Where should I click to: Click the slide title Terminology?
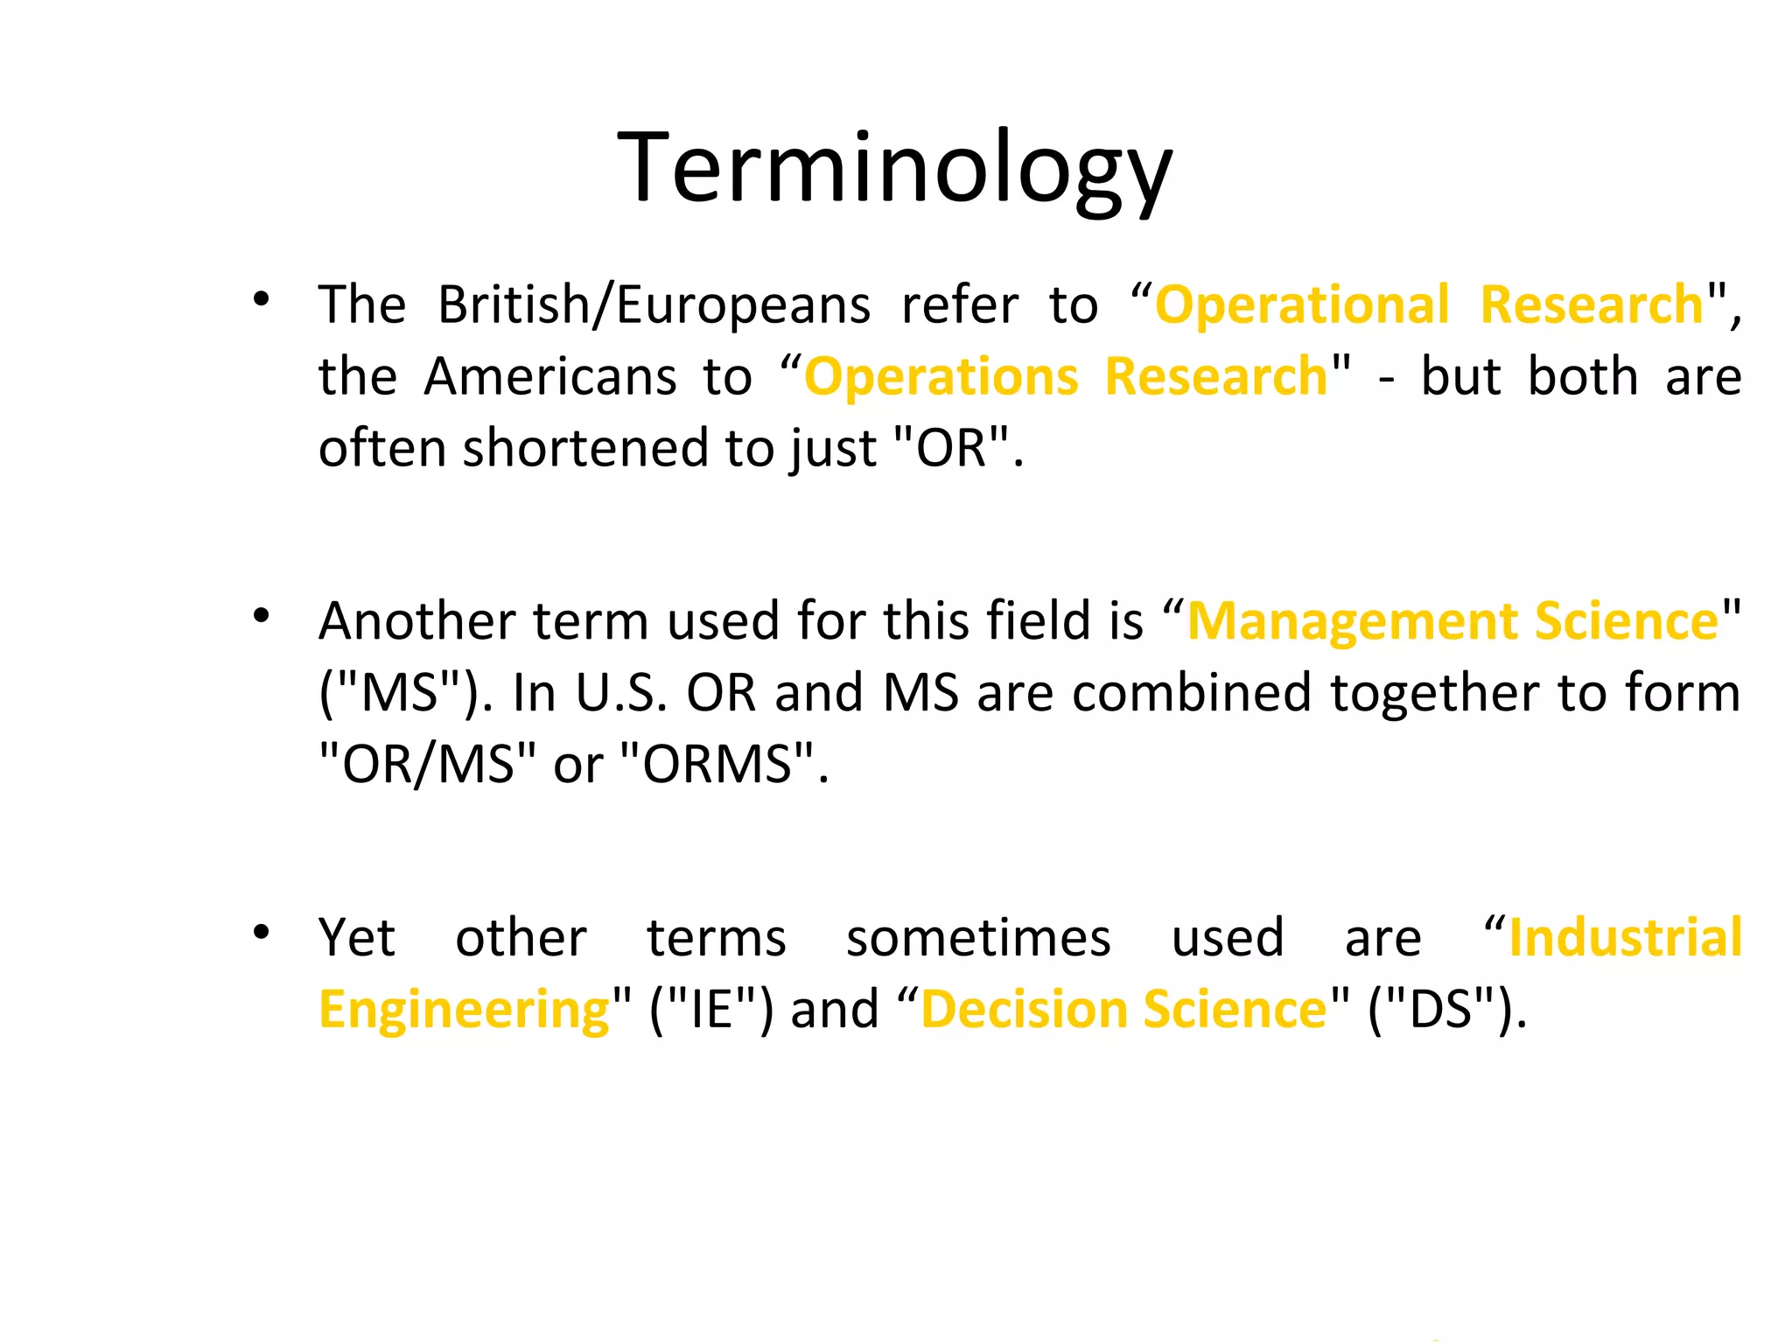click(x=894, y=168)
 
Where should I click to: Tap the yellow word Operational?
click(x=1302, y=305)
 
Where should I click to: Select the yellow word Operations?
click(x=941, y=377)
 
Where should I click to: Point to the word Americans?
click(x=549, y=377)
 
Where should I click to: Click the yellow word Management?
click(x=1352, y=622)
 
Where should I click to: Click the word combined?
click(x=1191, y=694)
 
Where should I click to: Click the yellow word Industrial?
click(x=1626, y=939)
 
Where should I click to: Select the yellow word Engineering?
click(x=464, y=1011)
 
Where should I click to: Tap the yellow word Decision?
click(x=1024, y=1011)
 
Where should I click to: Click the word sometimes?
click(x=978, y=939)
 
